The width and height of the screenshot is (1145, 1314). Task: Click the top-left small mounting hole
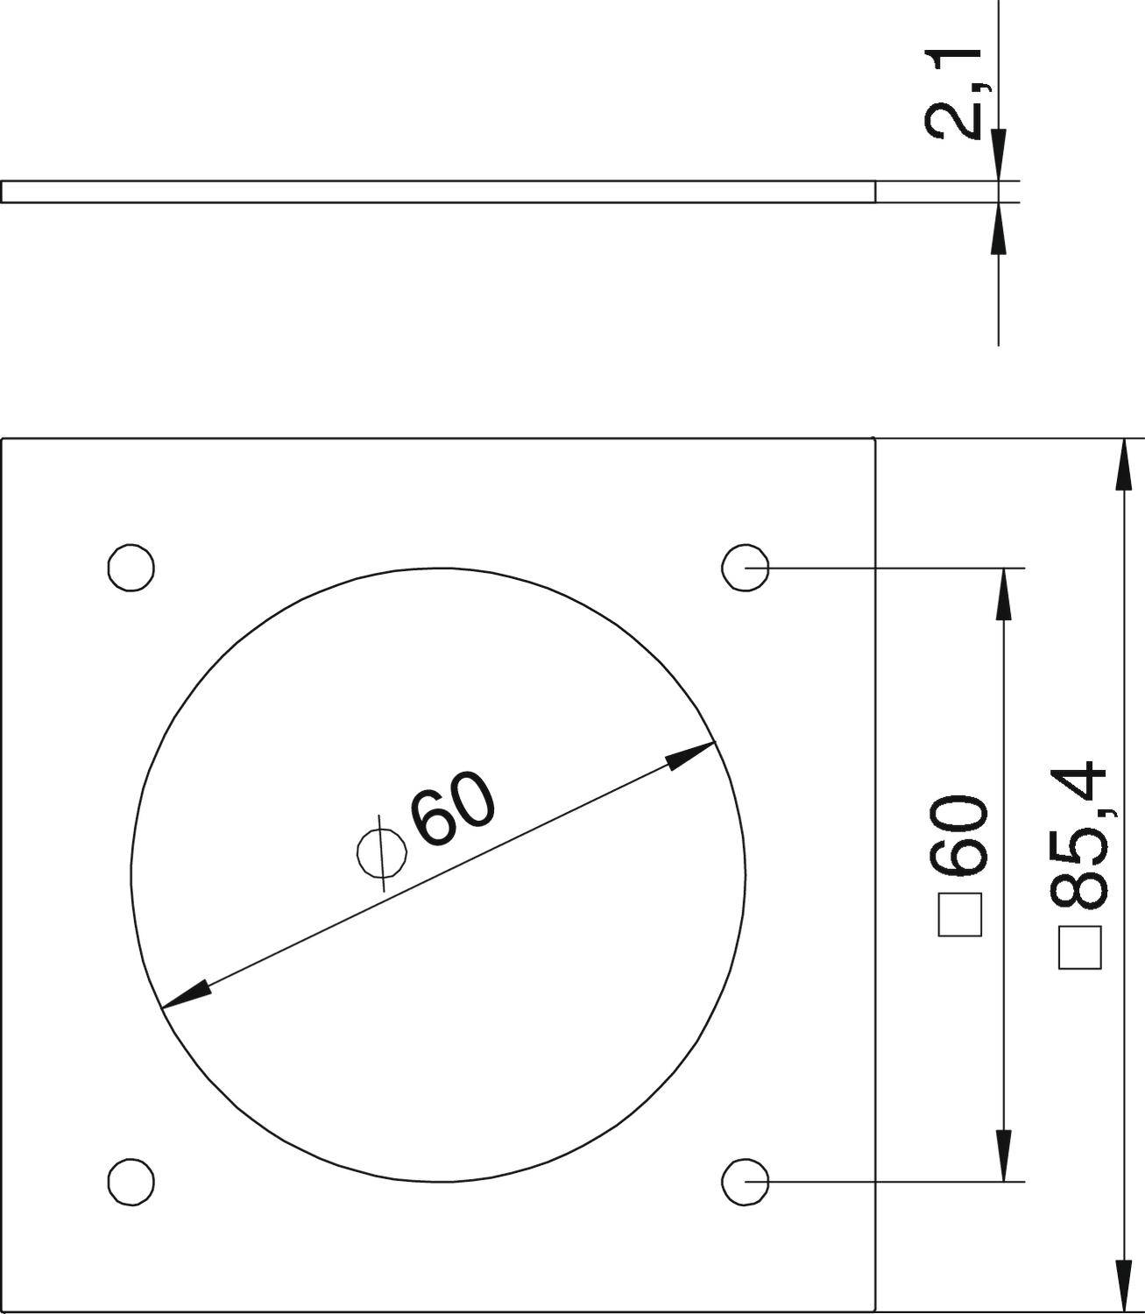131,567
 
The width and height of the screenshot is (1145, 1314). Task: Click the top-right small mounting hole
746,567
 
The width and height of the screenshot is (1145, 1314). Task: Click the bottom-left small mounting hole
131,1182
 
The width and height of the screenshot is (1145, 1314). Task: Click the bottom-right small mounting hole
746,1182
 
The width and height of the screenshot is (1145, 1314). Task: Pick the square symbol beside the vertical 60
960,915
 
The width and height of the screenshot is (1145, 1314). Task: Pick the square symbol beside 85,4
1080,947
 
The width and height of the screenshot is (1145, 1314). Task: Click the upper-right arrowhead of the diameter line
691,754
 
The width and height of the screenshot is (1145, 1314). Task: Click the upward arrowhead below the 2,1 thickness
998,229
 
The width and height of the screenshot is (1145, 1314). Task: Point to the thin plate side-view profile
438,192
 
